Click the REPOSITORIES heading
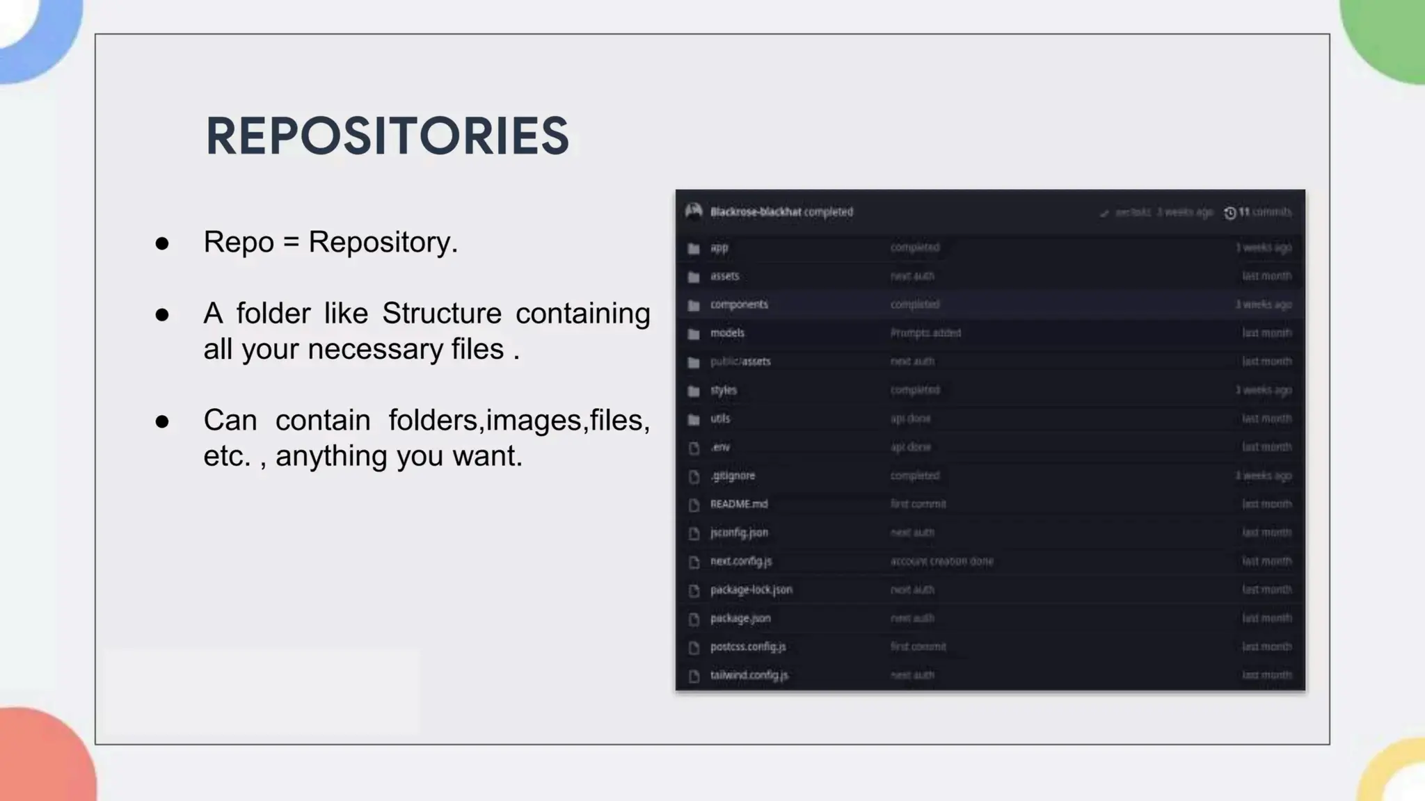[x=387, y=136]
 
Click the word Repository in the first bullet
[x=382, y=242]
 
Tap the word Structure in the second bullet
[x=441, y=314]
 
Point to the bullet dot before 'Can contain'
[x=162, y=421]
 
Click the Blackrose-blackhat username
[x=756, y=212]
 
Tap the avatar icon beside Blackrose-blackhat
[x=693, y=211]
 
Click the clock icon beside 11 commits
[x=1229, y=213]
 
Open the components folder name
[x=739, y=305]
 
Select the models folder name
[x=727, y=333]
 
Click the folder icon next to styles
[x=694, y=391]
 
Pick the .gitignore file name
[x=733, y=476]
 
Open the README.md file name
[x=739, y=504]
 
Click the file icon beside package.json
[x=694, y=619]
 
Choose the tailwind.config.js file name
[x=749, y=675]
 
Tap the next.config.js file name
[x=741, y=561]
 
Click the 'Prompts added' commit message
[x=925, y=333]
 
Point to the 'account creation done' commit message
[x=941, y=561]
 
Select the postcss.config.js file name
[x=748, y=647]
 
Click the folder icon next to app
[x=694, y=248]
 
